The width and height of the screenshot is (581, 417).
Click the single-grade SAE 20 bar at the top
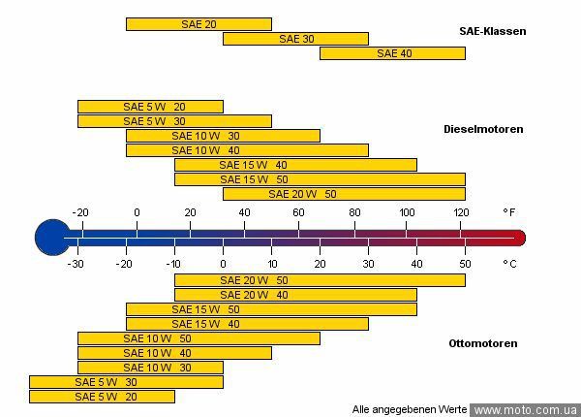coord(199,24)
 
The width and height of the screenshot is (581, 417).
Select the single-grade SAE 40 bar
coord(392,53)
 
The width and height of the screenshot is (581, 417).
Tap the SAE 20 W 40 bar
coord(295,295)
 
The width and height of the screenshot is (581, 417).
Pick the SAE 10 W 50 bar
coord(199,338)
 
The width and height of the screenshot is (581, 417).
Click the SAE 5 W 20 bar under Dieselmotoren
coord(150,107)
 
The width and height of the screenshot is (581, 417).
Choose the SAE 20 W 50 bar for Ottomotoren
coord(320,280)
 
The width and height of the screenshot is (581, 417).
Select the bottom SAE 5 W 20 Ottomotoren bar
coord(102,397)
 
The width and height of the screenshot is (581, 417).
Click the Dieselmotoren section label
coord(483,128)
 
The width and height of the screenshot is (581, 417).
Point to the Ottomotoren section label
coord(483,343)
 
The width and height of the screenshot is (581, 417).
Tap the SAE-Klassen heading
coord(493,31)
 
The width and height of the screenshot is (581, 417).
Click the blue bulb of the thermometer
coord(49,237)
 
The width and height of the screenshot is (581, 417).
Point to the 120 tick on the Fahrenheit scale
coord(461,212)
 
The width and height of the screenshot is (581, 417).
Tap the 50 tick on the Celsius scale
coord(465,263)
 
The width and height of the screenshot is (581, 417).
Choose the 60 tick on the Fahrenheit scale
coord(298,212)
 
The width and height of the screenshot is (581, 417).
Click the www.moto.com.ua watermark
coord(525,410)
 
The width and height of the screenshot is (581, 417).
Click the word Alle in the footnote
coord(362,410)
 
